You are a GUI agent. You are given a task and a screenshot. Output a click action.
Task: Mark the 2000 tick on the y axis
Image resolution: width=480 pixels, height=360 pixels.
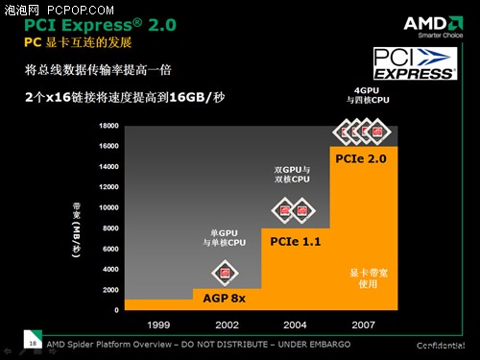click(x=108, y=289)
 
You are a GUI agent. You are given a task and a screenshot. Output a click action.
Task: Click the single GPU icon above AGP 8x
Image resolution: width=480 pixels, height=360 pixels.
click(x=226, y=273)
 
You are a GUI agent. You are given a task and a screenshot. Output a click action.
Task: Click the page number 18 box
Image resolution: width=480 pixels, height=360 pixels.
click(x=34, y=343)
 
